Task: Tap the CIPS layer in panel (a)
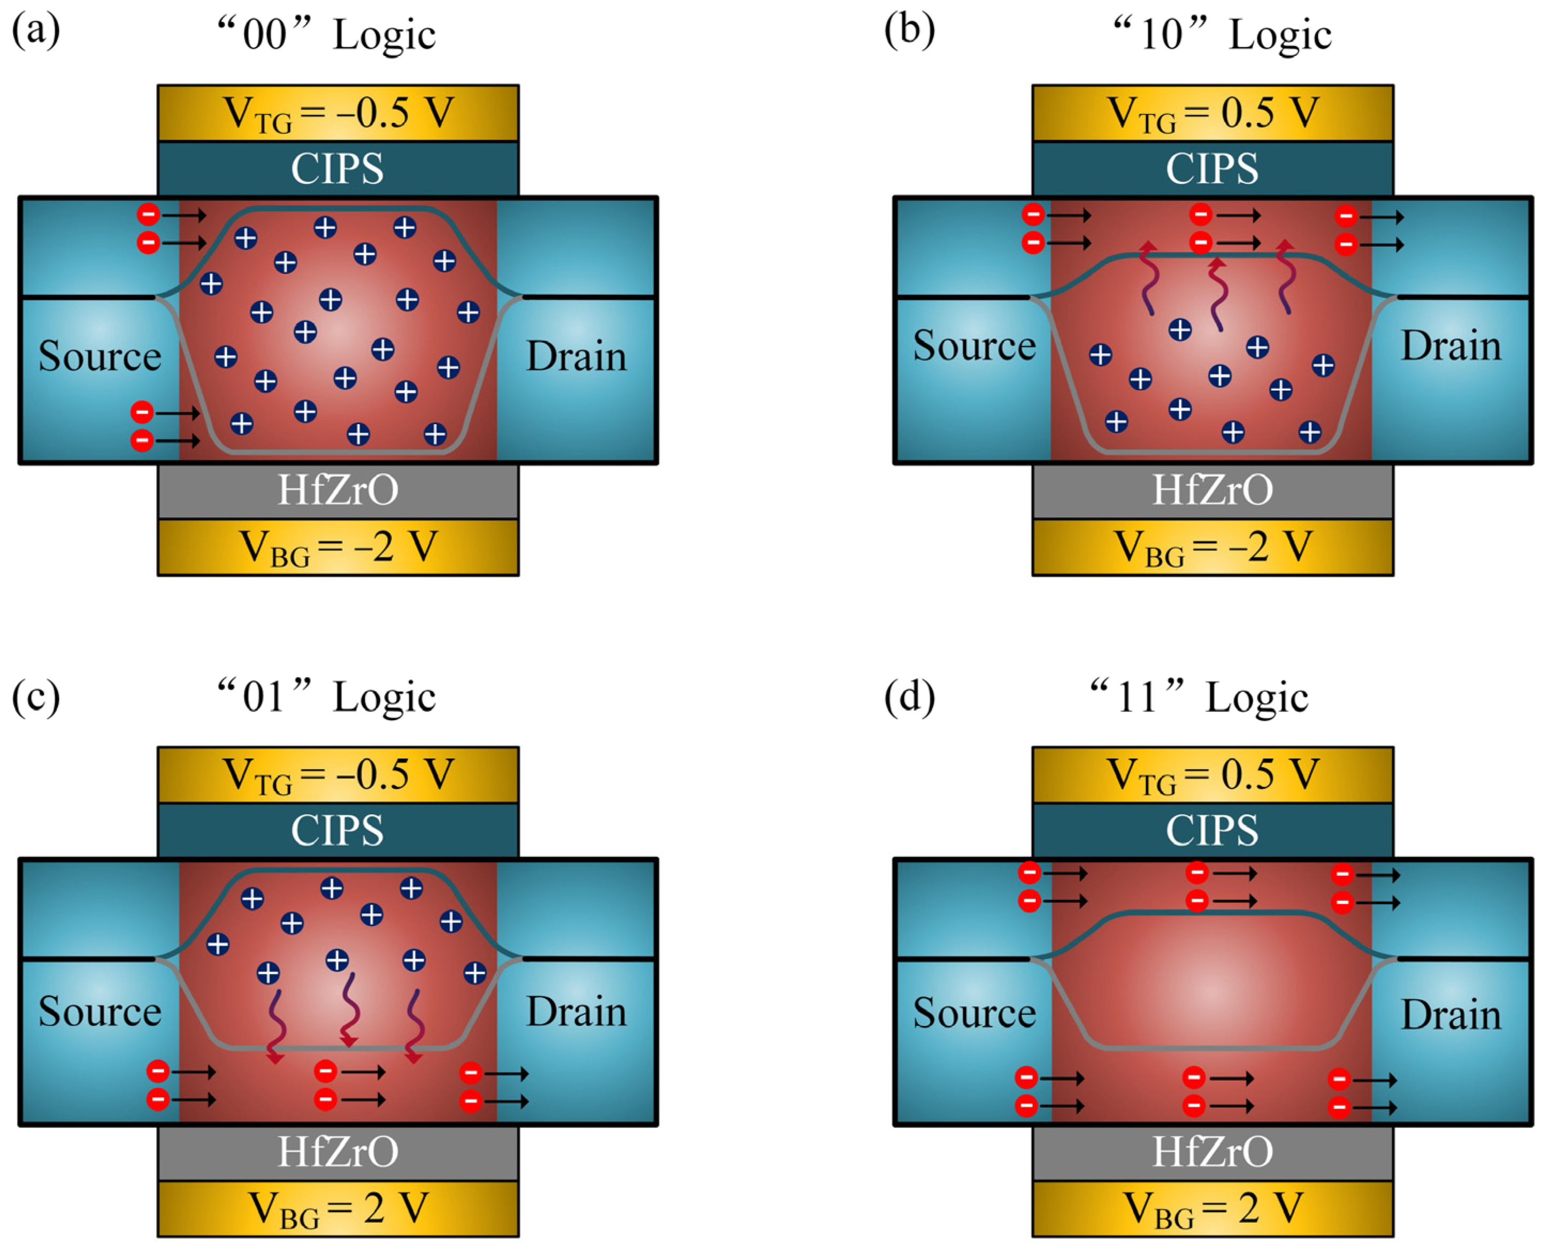click(338, 169)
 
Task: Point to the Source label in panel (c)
click(100, 1012)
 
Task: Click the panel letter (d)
click(909, 696)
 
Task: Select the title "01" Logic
click(327, 696)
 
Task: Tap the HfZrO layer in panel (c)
click(338, 1152)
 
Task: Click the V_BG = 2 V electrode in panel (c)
click(338, 1208)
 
